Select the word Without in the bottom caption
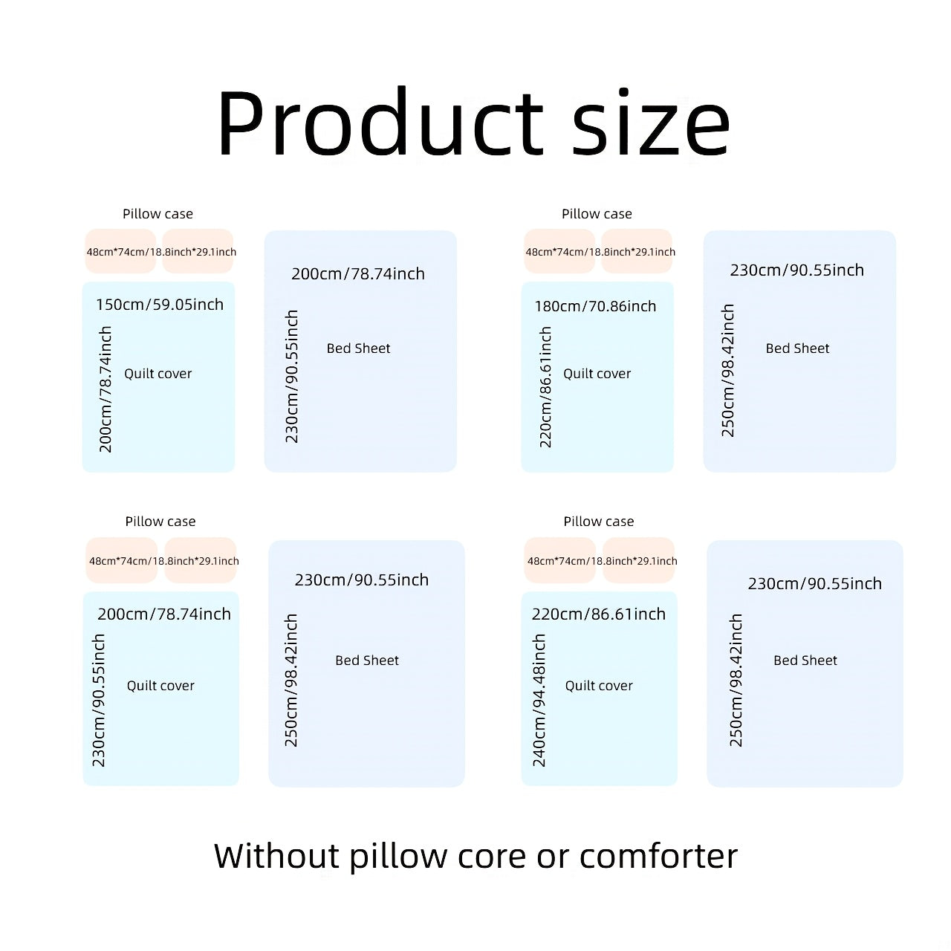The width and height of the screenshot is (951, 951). coord(277,856)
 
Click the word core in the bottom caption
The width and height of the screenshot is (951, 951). coord(492,858)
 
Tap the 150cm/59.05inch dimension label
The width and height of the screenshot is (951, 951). coord(160,305)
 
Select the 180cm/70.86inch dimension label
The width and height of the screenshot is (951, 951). coord(595,306)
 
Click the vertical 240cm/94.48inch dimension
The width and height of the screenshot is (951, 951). coord(539,701)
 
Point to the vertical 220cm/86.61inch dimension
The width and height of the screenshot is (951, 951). coord(545,387)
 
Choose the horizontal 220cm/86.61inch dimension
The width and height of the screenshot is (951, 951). coord(599,614)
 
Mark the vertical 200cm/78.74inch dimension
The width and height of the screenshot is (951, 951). coord(105,389)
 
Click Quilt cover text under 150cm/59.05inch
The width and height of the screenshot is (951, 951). coord(158,374)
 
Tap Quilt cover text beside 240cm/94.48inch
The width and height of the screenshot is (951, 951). coord(599,686)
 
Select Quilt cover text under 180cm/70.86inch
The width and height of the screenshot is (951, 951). coord(597,374)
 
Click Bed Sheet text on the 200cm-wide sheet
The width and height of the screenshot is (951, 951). coord(358,348)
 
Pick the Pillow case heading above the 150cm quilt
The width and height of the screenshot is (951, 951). coord(158,214)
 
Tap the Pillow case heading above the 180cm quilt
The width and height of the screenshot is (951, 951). coord(597,214)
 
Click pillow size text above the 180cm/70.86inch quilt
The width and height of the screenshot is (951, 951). coord(600,252)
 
